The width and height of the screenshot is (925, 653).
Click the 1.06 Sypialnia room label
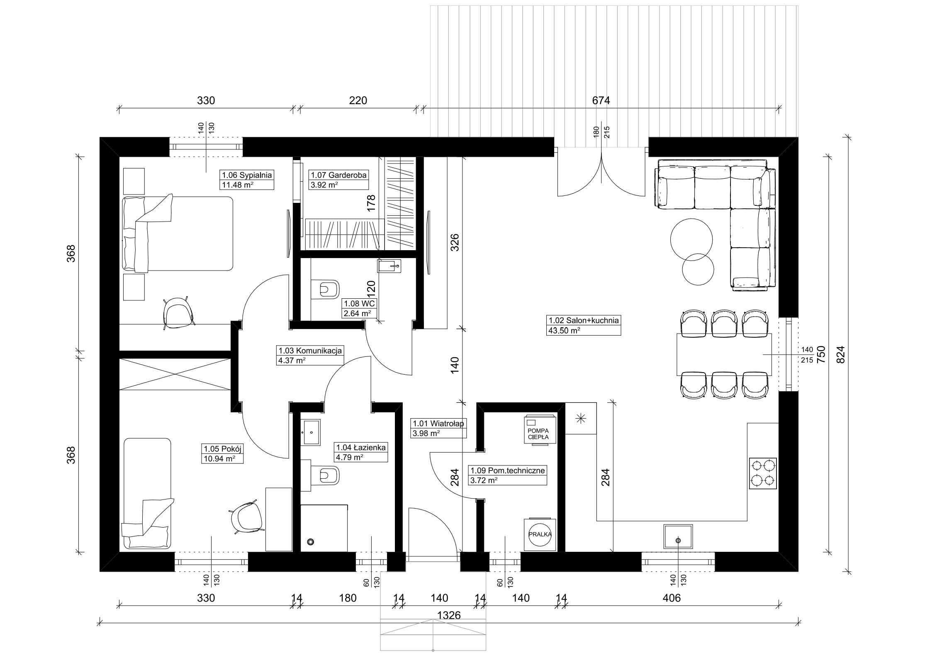click(247, 175)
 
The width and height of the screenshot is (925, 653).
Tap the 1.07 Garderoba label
click(339, 175)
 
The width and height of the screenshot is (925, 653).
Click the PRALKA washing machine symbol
click(540, 534)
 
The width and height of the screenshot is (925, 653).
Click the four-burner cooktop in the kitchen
click(763, 473)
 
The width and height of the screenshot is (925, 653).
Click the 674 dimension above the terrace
click(601, 100)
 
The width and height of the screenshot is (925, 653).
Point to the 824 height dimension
click(840, 355)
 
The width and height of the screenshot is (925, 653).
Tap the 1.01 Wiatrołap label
click(438, 424)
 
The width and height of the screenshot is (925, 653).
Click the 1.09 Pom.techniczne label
click(507, 471)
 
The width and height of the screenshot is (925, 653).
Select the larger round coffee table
click(691, 239)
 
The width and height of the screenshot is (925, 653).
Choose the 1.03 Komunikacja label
click(310, 351)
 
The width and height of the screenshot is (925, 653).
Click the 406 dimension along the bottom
click(672, 598)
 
